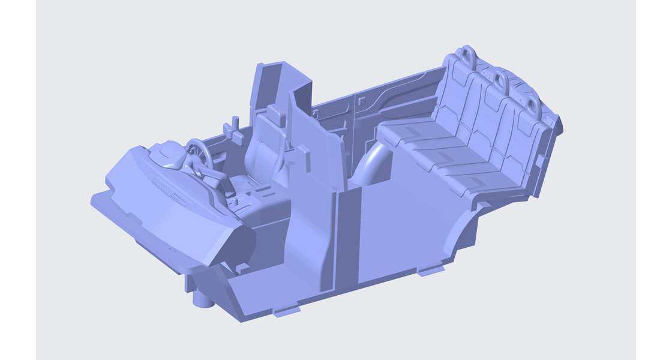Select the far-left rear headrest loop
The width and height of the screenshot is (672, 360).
point(467,54)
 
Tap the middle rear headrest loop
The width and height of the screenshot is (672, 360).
point(500,79)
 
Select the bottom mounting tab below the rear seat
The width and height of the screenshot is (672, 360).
point(431,271)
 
